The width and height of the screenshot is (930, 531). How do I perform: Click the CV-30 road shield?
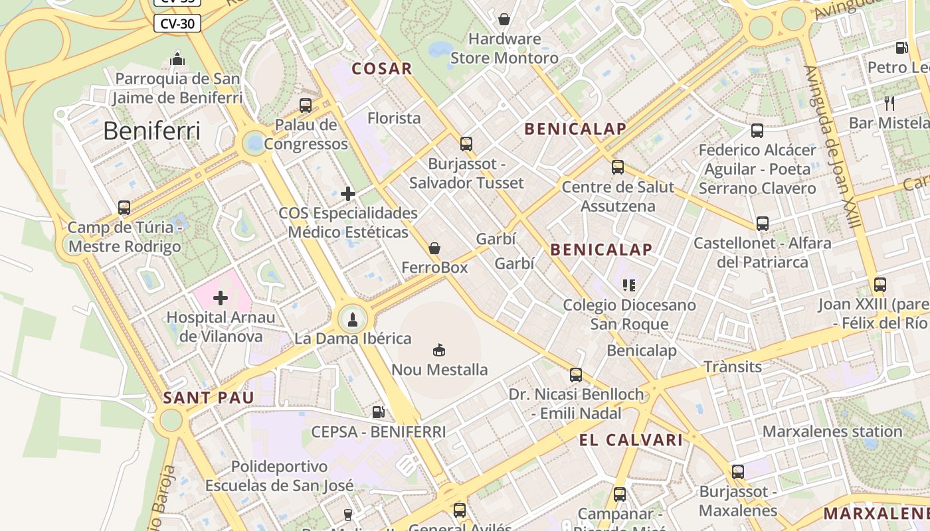point(177,24)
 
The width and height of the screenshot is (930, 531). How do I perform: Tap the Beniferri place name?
point(151,131)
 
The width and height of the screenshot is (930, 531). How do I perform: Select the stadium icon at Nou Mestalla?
point(439,350)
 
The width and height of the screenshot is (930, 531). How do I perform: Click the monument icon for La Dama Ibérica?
point(353,319)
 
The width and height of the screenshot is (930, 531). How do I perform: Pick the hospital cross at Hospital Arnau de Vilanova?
point(221,298)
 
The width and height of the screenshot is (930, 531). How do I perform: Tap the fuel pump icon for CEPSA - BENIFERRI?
point(378,412)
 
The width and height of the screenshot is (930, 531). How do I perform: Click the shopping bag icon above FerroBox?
point(434,248)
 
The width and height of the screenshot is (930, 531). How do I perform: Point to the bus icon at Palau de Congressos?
point(306,105)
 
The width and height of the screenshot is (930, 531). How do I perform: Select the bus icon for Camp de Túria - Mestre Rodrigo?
point(124,208)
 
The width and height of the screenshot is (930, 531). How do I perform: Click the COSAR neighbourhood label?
point(382,68)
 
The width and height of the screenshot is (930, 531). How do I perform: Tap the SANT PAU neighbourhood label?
point(209,398)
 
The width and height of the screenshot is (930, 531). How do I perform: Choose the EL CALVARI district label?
point(630,440)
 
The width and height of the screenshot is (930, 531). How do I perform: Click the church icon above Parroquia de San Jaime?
point(177,59)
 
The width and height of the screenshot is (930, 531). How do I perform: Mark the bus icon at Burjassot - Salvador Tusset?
point(466,143)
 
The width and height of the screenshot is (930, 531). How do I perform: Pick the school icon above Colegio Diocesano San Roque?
point(629,285)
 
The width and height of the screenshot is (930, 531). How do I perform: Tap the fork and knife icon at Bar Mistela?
point(890,103)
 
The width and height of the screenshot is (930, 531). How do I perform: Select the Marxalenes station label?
point(832,431)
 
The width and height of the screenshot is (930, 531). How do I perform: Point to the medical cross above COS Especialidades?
point(348,194)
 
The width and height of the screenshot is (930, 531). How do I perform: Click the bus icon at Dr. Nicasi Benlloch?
point(576,375)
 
